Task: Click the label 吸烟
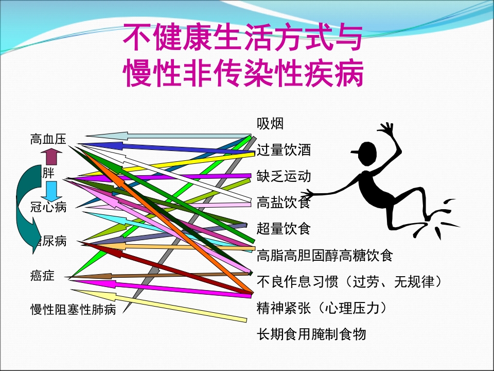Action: pos(270,124)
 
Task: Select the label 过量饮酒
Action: pos(284,150)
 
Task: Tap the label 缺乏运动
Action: pos(284,176)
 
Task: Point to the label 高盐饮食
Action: pos(284,203)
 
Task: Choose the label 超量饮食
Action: pos(284,228)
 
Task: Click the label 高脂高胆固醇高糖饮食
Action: pos(324,255)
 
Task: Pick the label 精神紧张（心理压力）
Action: pos(321,308)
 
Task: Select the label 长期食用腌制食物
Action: pos(311,334)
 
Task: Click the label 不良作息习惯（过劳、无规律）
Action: pos(349,282)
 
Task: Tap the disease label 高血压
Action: pos(48,139)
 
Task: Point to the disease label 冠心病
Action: pos(48,207)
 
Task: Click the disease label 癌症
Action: pos(42,276)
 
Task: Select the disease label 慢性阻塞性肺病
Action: pos(73,310)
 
